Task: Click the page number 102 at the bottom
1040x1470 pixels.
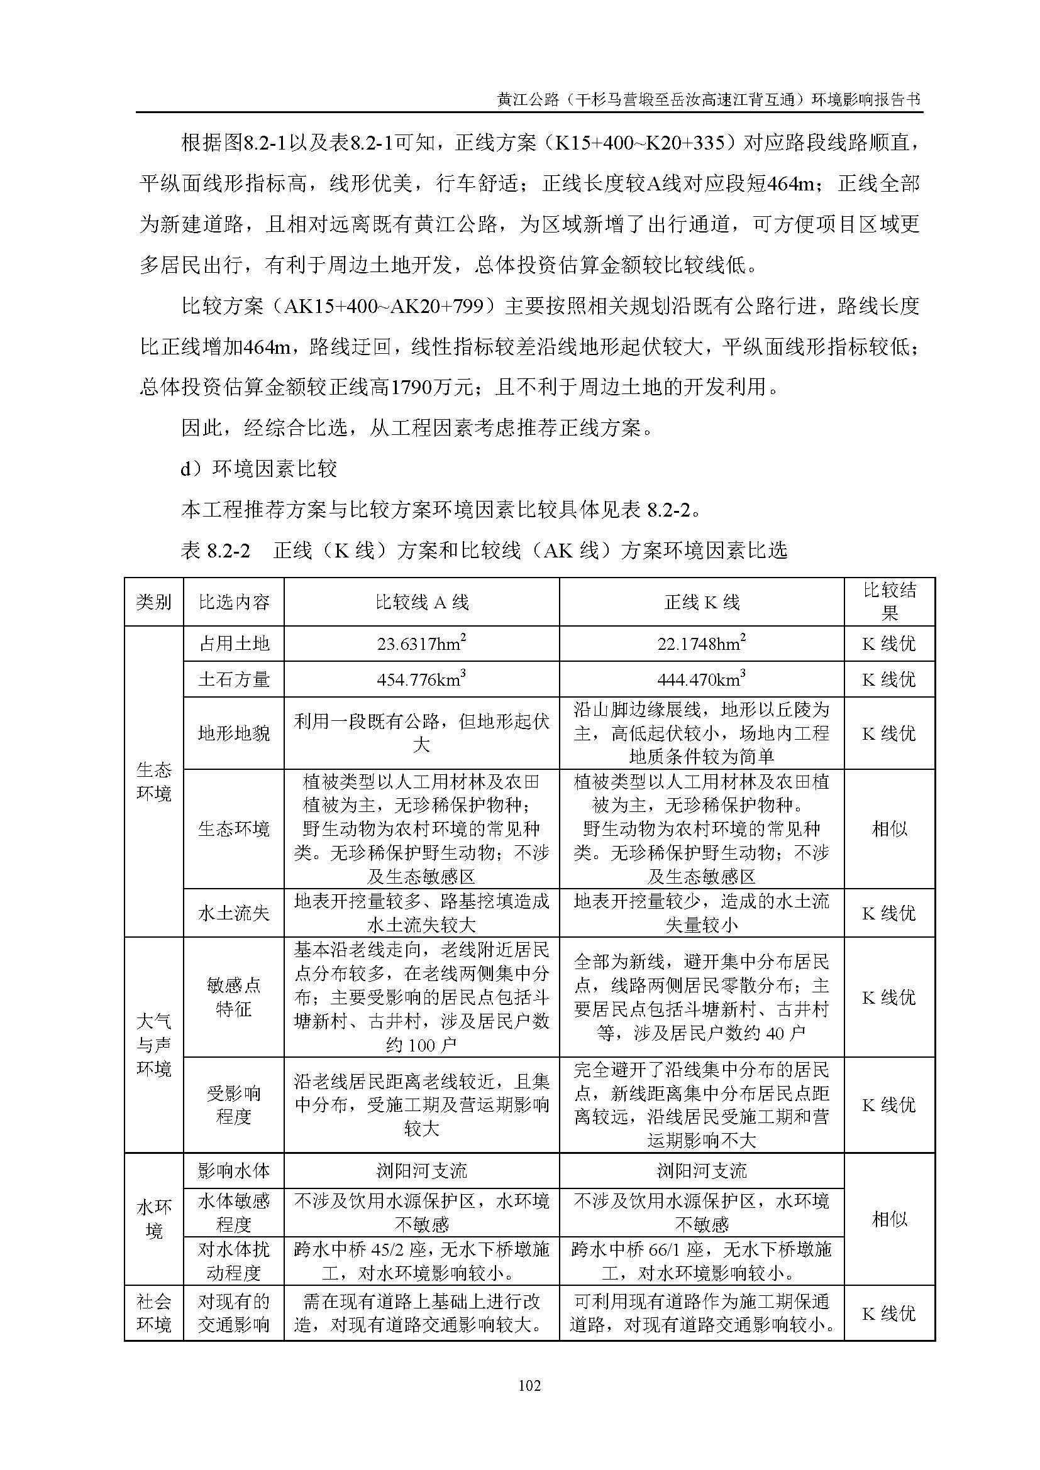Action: [x=529, y=1386]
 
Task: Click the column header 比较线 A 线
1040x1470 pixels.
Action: [x=421, y=602]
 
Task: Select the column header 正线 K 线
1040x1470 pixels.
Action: [x=701, y=602]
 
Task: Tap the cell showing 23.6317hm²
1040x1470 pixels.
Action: [x=421, y=644]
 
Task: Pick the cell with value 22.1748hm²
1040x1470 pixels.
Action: [x=701, y=644]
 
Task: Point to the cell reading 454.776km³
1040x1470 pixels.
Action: [x=421, y=679]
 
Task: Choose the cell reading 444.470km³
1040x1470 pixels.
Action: [x=701, y=679]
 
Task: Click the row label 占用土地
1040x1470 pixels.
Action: [x=233, y=644]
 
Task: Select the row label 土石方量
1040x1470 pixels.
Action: [x=233, y=679]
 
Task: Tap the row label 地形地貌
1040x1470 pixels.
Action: [x=233, y=733]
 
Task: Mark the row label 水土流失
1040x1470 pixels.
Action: [x=233, y=913]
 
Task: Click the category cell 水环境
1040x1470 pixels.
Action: [x=153, y=1219]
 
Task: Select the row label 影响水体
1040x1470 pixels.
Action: [x=233, y=1171]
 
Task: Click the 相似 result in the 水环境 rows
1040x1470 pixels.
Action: [x=889, y=1219]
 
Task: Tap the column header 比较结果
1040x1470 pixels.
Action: [x=889, y=602]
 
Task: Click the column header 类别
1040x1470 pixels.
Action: [x=153, y=602]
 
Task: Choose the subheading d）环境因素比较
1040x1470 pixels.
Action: [x=258, y=469]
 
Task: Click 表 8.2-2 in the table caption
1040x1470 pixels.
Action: [x=215, y=551]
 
